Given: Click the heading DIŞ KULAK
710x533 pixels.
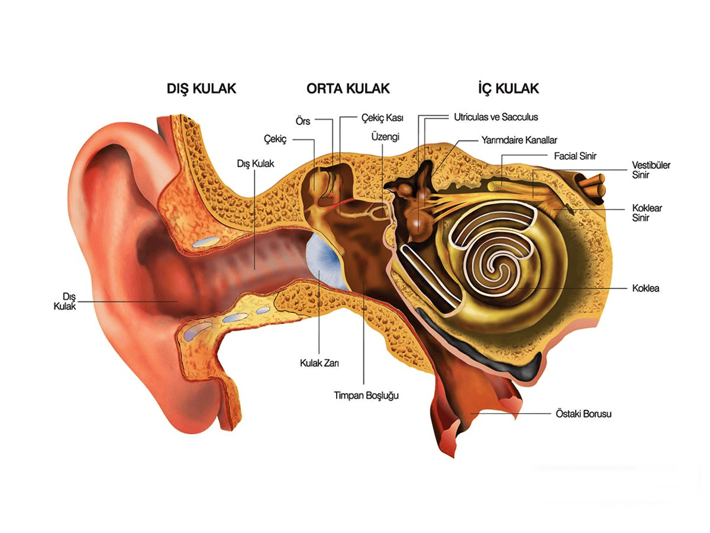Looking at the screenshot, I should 201,89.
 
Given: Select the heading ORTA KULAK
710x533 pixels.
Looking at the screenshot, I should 348,89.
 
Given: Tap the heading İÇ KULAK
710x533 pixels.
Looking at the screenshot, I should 508,89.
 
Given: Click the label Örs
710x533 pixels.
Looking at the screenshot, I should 303,121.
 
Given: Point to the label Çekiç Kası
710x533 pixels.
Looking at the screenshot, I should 382,118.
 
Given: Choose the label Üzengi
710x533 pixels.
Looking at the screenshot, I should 385,137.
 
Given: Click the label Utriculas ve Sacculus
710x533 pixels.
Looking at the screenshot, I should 496,117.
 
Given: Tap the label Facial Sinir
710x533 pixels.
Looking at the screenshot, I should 575,156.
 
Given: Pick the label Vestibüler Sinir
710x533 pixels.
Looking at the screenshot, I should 651,170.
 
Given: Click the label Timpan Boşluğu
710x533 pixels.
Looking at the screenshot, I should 366,396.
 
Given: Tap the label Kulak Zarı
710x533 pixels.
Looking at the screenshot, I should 319,363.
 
